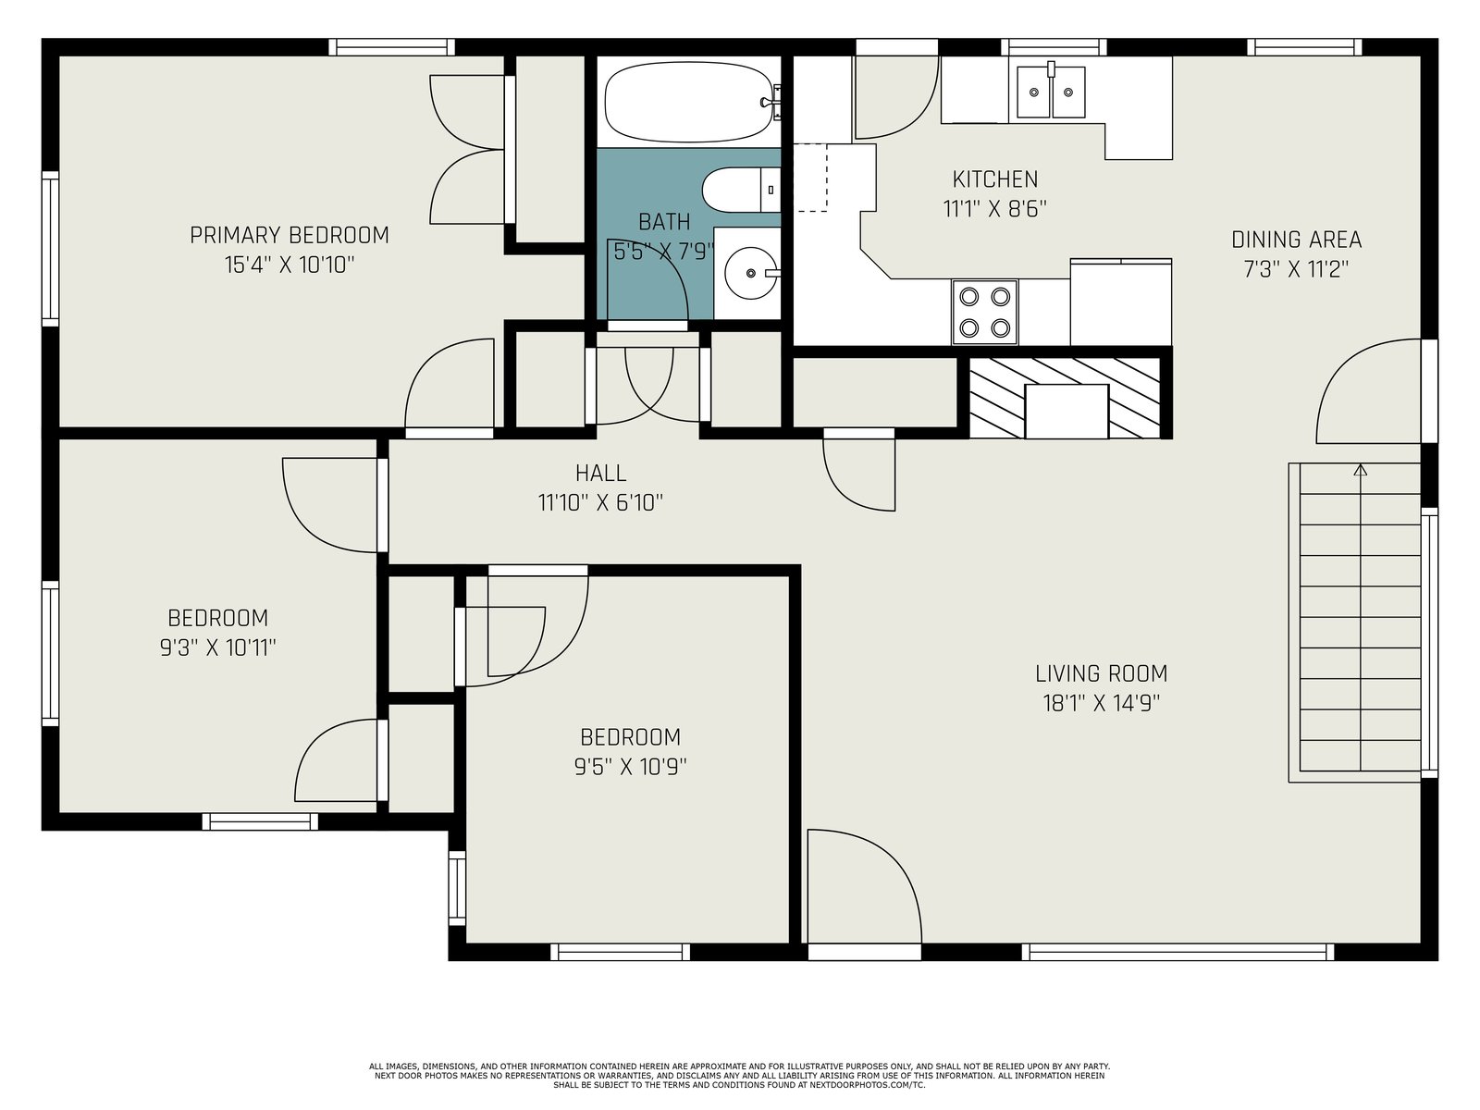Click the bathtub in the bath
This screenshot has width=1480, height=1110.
(689, 103)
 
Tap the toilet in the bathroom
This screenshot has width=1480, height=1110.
(741, 190)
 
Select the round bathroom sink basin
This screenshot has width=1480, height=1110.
(750, 273)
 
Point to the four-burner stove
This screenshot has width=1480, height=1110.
(984, 312)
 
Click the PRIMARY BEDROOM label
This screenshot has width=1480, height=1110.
(290, 235)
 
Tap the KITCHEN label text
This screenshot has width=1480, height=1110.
(994, 179)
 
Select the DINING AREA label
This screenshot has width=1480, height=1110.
(1296, 240)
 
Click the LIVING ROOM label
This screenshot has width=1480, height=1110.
(1101, 673)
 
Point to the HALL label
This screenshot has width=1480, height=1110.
(600, 473)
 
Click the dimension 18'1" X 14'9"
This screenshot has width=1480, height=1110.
(1101, 704)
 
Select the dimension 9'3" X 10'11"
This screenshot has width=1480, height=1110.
(217, 647)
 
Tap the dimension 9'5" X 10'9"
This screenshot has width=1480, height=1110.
(631, 767)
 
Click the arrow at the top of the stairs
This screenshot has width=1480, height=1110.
(1361, 472)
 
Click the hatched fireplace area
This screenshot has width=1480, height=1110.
(1066, 398)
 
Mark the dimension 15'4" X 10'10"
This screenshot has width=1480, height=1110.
(290, 265)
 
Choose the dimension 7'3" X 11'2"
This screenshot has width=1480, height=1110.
(1296, 269)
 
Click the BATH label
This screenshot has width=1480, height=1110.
(664, 222)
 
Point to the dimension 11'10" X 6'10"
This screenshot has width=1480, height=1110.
(600, 503)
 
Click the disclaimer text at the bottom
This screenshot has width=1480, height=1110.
(740, 1076)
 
